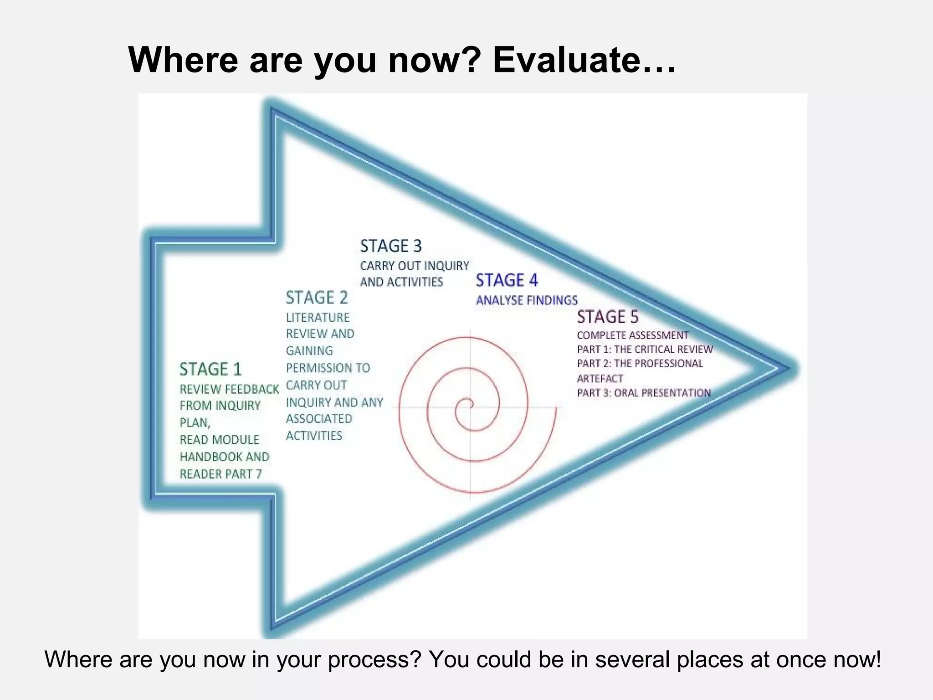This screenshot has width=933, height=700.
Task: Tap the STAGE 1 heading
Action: pos(210,369)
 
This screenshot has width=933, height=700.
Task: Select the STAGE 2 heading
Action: pos(317,298)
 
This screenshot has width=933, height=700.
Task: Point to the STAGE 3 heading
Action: pos(391,246)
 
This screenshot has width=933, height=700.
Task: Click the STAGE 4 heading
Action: pos(507,280)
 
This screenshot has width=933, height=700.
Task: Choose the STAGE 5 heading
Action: pos(608,317)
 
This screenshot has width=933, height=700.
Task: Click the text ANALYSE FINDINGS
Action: pos(527,300)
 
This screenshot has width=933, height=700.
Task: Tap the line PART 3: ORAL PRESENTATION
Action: pos(643,393)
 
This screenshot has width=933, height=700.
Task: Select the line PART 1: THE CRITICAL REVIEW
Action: pos(644,350)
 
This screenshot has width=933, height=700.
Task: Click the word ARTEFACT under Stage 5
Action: pos(600,379)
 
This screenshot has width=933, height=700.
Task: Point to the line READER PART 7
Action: pos(220,474)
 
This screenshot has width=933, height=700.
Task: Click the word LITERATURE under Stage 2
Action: pos(318,317)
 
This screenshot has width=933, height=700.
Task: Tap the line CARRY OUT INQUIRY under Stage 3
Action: pos(414,266)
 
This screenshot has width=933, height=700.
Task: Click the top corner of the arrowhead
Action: pos(273,111)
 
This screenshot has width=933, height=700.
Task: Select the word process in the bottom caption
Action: pos(373,659)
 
